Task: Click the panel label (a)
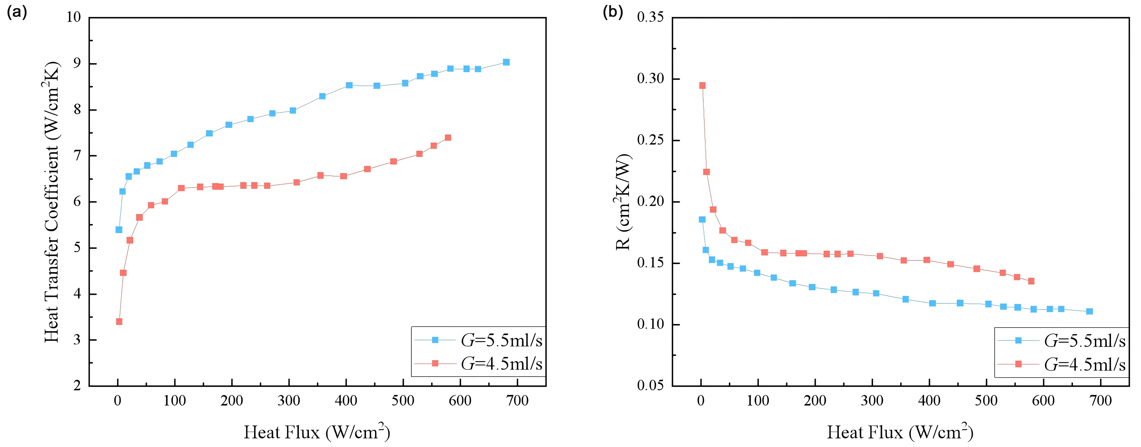17,12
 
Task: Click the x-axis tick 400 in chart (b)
929,401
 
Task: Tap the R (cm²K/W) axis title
623,202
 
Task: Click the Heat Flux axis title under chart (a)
317,432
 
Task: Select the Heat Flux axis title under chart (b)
900,432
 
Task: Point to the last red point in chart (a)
448,138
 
